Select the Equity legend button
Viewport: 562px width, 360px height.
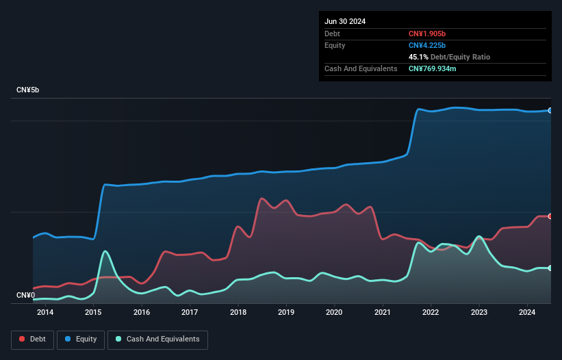click(81, 339)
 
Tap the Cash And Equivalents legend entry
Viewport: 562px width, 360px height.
click(157, 339)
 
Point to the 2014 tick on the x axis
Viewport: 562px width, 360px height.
click(45, 313)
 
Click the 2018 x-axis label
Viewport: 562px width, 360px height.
click(238, 313)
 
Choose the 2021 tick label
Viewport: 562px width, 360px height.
click(383, 313)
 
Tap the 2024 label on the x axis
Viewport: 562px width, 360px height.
click(527, 313)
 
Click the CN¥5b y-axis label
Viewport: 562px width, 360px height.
click(28, 90)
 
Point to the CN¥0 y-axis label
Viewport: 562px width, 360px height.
click(25, 295)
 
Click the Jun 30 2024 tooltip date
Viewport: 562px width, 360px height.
click(345, 21)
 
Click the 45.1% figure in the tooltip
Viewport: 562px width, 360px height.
click(420, 57)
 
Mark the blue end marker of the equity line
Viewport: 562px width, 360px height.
click(550, 110)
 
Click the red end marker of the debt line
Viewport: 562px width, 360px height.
click(550, 216)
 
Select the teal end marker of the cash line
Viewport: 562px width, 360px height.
click(550, 268)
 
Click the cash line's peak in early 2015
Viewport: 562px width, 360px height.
click(105, 252)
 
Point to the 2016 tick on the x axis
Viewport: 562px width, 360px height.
click(142, 313)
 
